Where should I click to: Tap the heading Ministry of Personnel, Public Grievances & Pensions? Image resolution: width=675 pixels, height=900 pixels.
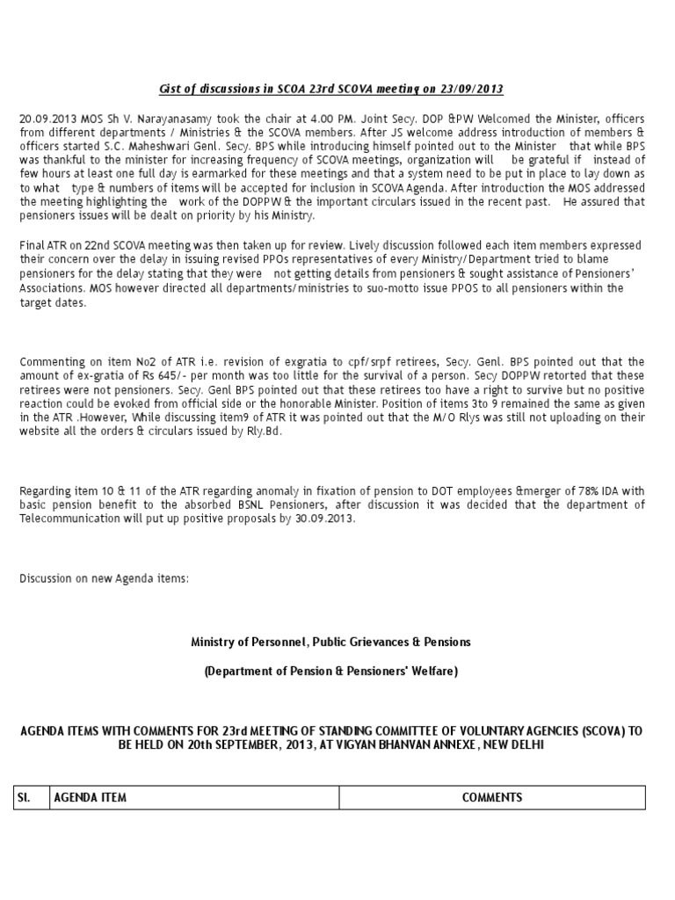point(330,642)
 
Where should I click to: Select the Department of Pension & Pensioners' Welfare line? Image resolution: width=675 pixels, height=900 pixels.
point(330,672)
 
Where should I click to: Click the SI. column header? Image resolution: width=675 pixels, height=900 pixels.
point(25,797)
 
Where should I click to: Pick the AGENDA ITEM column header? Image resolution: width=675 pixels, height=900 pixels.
point(91,797)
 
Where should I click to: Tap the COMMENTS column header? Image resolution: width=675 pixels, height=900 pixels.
point(492,797)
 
